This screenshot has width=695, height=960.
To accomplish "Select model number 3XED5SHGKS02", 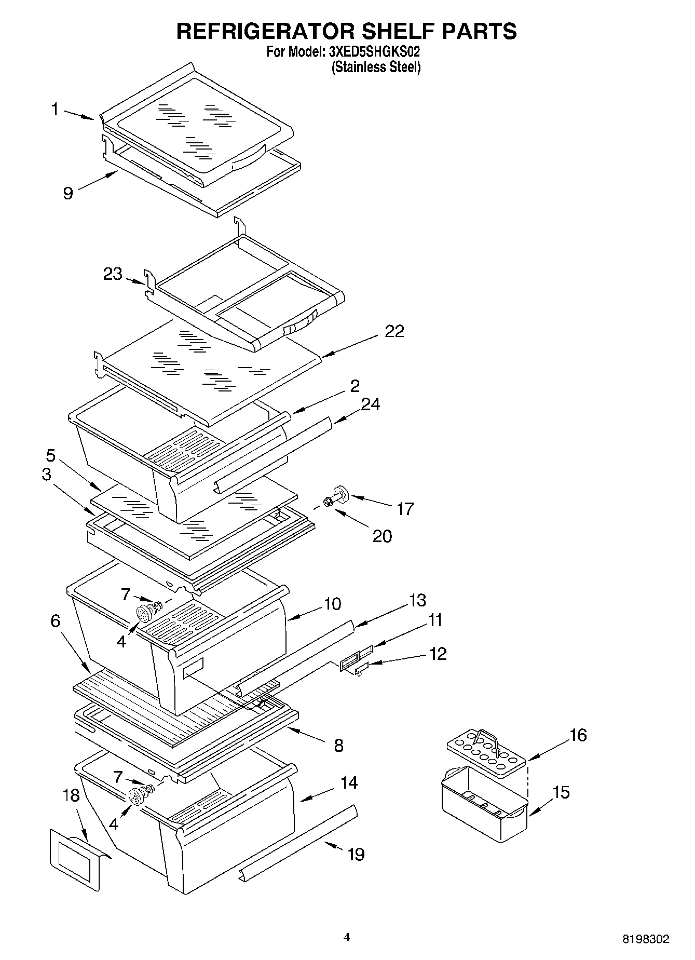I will point(374,52).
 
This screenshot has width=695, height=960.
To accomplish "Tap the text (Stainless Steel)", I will point(376,67).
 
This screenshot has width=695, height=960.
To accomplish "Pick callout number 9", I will point(68,193).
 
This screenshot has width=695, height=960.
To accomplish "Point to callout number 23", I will point(112,274).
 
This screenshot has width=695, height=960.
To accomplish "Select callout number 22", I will point(394,331).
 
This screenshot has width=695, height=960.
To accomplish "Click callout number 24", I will point(370,404).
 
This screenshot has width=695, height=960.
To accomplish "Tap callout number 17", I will point(404,509).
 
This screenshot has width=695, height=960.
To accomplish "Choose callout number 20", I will point(382,536).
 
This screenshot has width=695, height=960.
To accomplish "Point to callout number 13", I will point(417,600).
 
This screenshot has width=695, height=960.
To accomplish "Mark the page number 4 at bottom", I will point(347,937).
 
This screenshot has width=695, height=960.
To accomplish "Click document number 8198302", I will point(646,939).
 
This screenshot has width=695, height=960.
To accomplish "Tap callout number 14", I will point(349,782).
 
